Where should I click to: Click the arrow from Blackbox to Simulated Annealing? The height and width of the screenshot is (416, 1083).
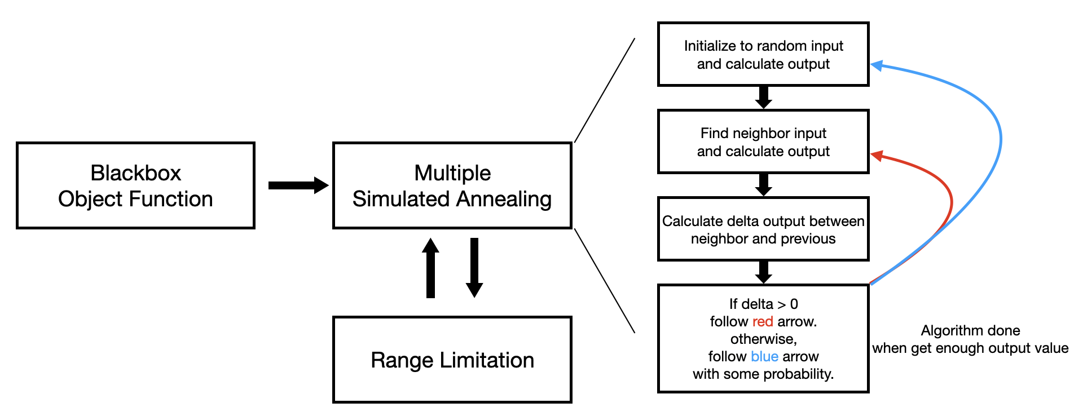(x=298, y=185)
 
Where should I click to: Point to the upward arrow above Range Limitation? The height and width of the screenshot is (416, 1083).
(x=430, y=268)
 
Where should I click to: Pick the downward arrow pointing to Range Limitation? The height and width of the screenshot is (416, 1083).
(x=474, y=268)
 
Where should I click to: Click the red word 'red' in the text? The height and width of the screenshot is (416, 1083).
(x=763, y=321)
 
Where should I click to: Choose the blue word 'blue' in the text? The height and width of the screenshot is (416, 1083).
(x=765, y=356)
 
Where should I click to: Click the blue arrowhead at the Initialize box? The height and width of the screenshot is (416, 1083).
(x=877, y=65)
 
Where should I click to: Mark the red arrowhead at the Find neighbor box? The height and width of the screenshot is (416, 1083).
(x=877, y=155)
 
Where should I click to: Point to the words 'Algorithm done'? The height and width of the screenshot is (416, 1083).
(x=970, y=330)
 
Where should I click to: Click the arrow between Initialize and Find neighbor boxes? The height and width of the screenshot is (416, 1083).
(x=763, y=98)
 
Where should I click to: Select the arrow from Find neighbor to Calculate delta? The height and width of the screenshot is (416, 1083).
(x=763, y=185)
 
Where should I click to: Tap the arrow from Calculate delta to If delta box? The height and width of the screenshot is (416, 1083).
(x=763, y=272)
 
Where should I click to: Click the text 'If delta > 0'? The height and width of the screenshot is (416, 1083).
(x=763, y=304)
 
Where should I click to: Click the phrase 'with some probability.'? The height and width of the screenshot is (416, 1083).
(x=763, y=374)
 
